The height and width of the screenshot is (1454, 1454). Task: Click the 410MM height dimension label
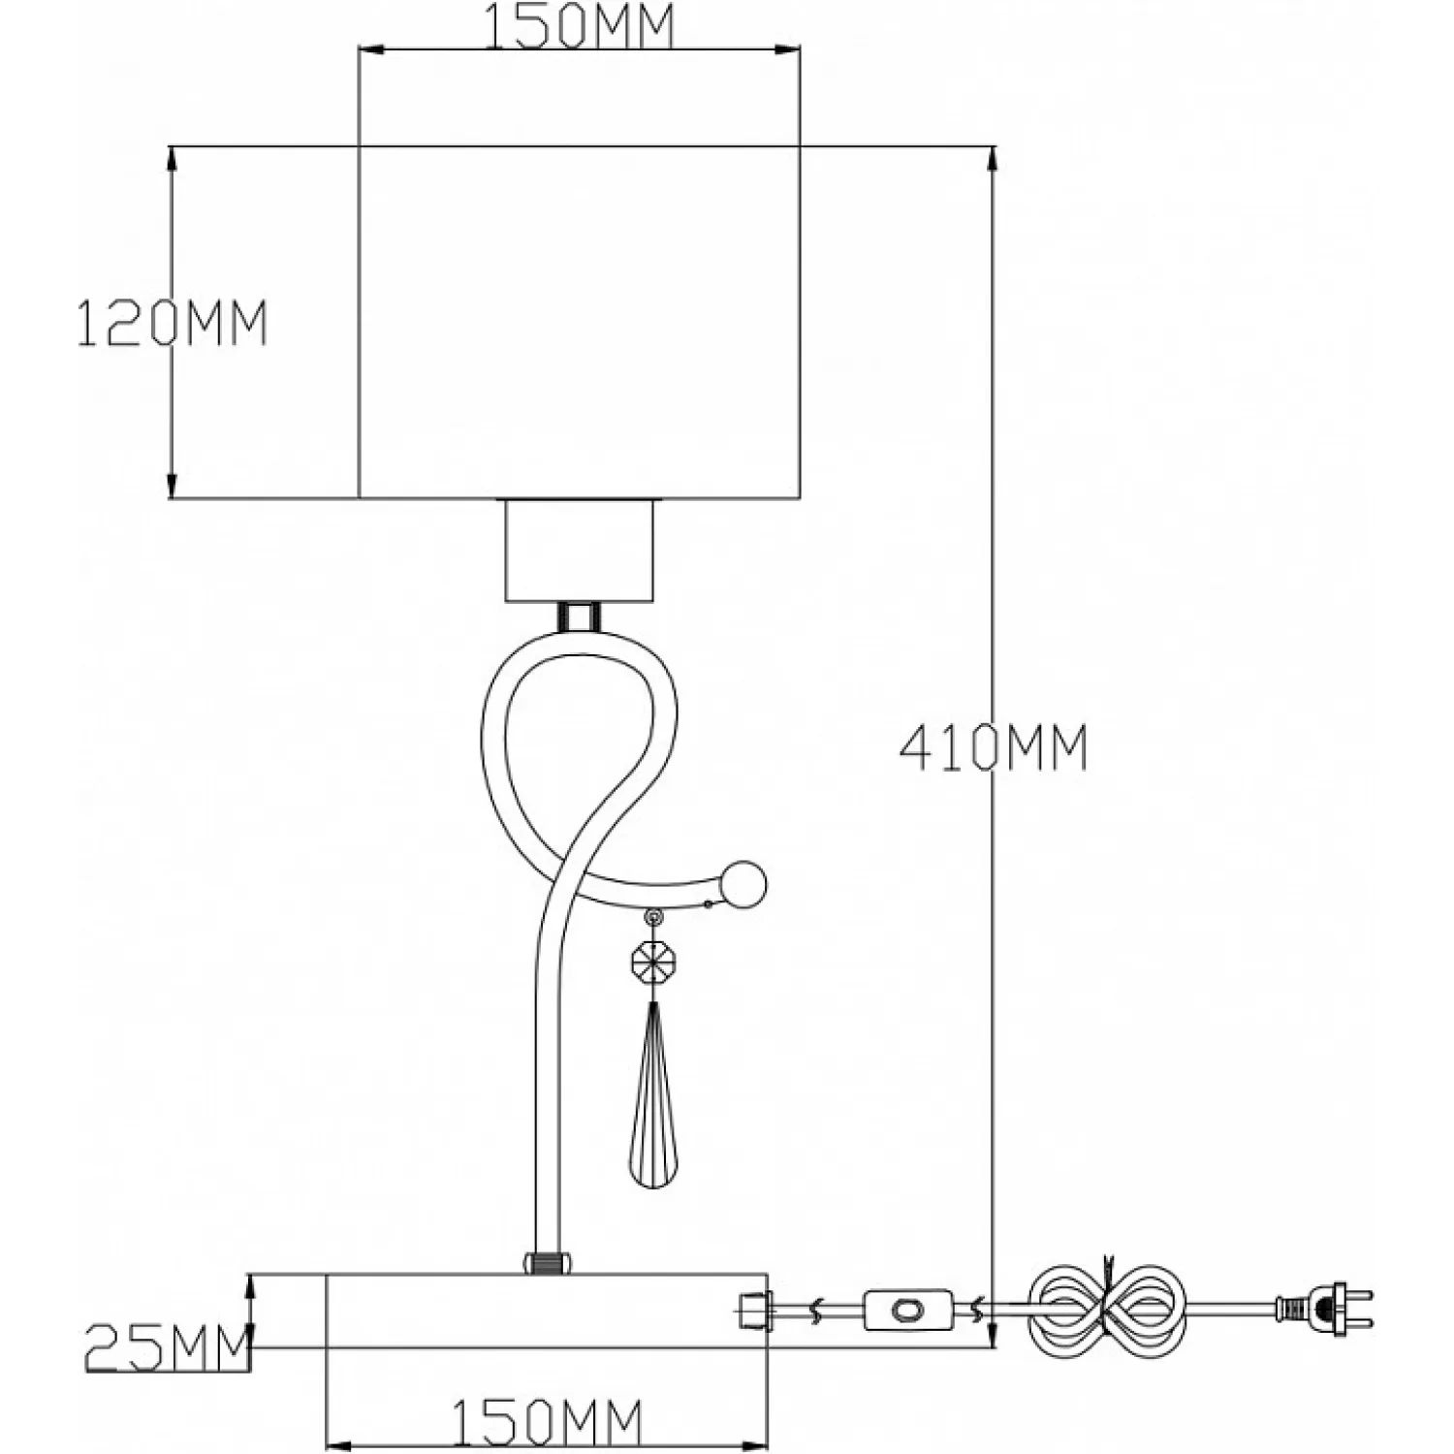[x=994, y=748]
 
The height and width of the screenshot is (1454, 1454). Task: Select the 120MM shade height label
[x=172, y=323]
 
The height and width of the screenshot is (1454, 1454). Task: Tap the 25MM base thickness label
[x=167, y=1347]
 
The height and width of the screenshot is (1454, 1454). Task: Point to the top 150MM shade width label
[x=579, y=25]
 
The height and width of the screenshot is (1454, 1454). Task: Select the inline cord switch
[x=906, y=1310]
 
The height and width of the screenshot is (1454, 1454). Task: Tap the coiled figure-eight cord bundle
[x=1105, y=1310]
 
